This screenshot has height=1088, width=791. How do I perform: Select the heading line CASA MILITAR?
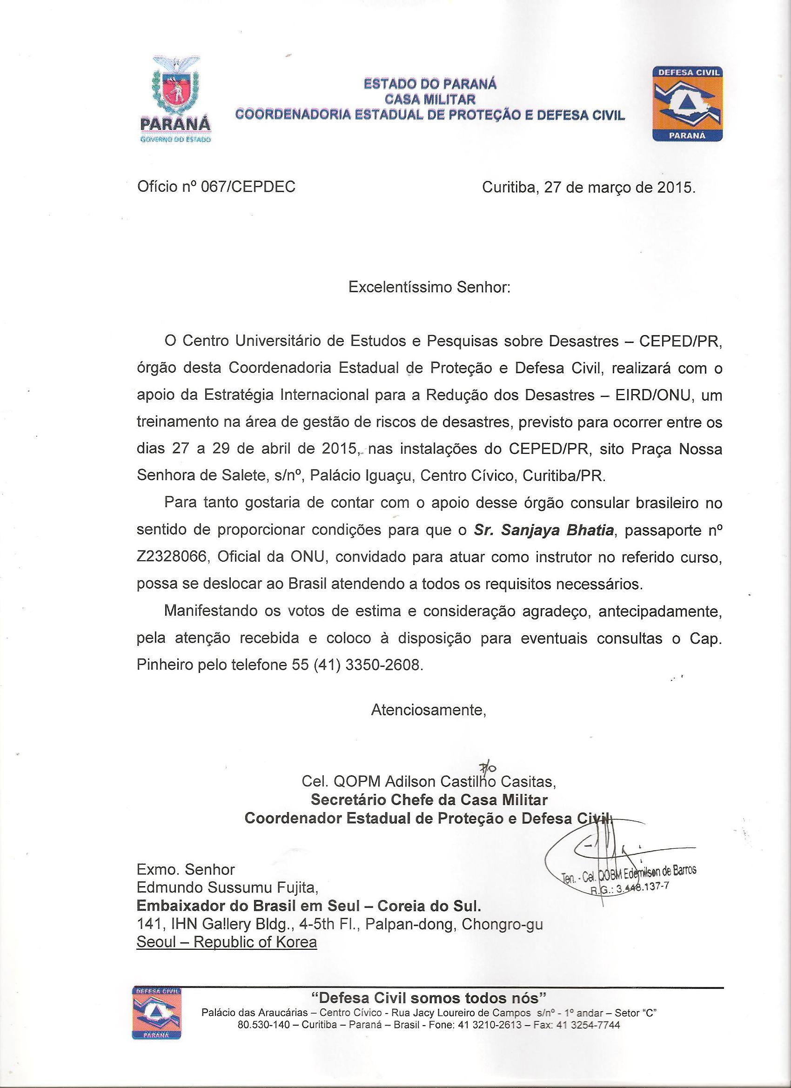pyautogui.click(x=430, y=99)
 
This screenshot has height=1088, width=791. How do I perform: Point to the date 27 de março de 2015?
pyautogui.click(x=619, y=187)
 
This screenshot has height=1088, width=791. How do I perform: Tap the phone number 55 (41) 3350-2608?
pyautogui.click(x=358, y=665)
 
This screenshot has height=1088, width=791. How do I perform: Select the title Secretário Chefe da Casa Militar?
pyautogui.click(x=429, y=800)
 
